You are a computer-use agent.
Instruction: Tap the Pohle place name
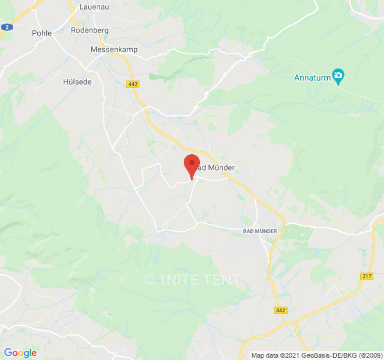(42, 33)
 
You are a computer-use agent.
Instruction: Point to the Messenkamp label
(114, 49)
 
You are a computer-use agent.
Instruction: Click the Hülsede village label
(77, 82)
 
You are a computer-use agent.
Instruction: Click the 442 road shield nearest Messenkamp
(133, 84)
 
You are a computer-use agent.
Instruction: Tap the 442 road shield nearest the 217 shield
(280, 310)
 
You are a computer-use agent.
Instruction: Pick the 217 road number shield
(367, 276)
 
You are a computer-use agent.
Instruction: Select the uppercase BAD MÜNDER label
(257, 231)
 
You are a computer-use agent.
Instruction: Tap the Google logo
(20, 353)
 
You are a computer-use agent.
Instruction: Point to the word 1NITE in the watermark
(177, 280)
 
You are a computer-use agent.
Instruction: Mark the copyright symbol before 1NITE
(149, 280)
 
